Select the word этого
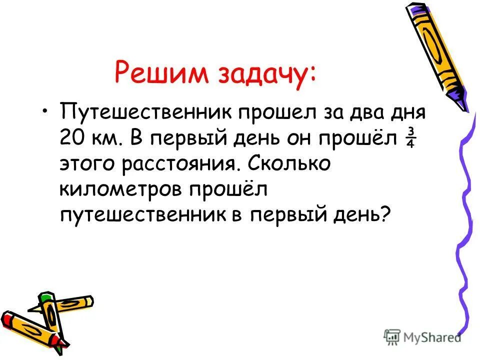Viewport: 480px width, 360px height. pyautogui.click(x=90, y=164)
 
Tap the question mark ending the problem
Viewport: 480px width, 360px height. pyautogui.click(x=384, y=216)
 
